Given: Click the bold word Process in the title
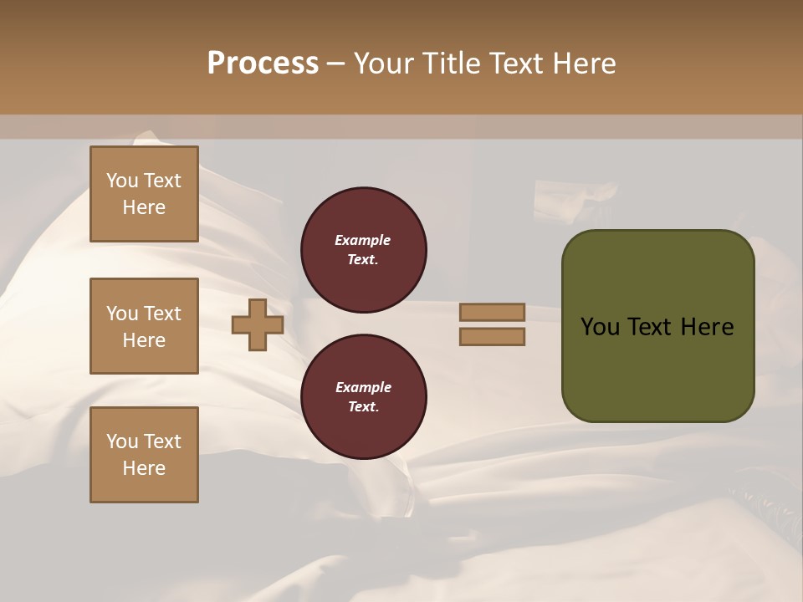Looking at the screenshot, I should (x=263, y=64).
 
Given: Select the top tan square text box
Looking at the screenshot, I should (x=144, y=194).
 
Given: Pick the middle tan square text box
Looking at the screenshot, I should (x=144, y=326).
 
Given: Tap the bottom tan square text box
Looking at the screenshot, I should (x=144, y=455).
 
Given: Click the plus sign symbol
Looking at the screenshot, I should (x=258, y=325).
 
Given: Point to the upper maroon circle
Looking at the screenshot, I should (x=364, y=250).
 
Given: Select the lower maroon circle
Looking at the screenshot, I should (x=364, y=397).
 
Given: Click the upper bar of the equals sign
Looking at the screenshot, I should (x=493, y=313).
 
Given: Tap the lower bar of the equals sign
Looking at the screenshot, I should (x=493, y=337).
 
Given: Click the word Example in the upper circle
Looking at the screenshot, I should (x=363, y=241).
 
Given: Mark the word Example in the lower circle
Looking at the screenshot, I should (x=363, y=388).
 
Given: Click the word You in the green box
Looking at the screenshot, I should (x=600, y=327).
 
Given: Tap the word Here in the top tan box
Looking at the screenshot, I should (x=144, y=207).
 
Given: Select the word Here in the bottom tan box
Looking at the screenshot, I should (x=144, y=468).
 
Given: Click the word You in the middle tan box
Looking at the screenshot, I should (x=122, y=314).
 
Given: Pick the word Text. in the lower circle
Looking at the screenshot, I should (x=363, y=407).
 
